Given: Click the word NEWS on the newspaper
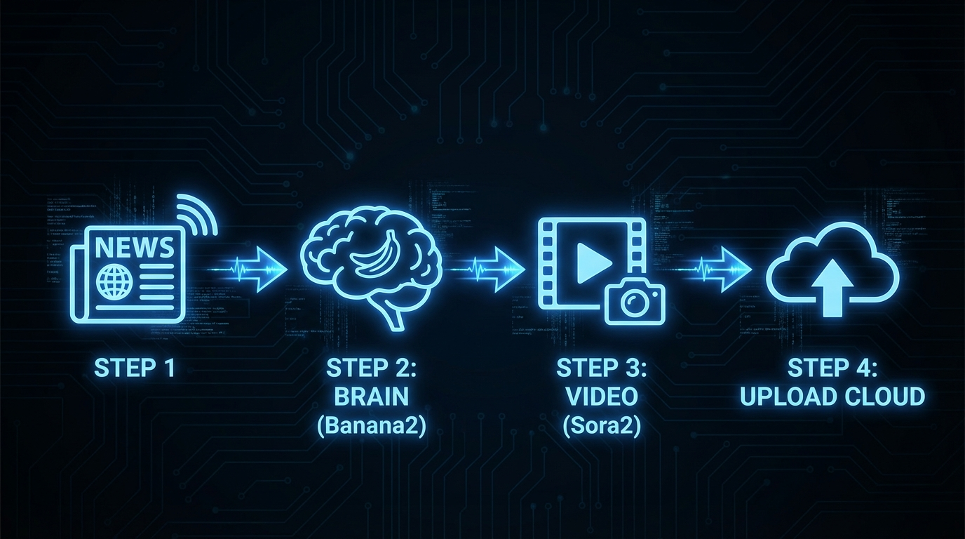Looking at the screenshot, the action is click(x=135, y=248).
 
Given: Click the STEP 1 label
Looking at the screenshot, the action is click(x=135, y=367).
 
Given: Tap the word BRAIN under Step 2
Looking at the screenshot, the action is click(x=371, y=397).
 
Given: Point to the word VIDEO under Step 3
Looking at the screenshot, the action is click(x=602, y=397).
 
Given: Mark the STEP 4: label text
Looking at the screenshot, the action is click(x=832, y=367).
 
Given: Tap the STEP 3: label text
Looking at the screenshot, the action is click(x=602, y=367).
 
